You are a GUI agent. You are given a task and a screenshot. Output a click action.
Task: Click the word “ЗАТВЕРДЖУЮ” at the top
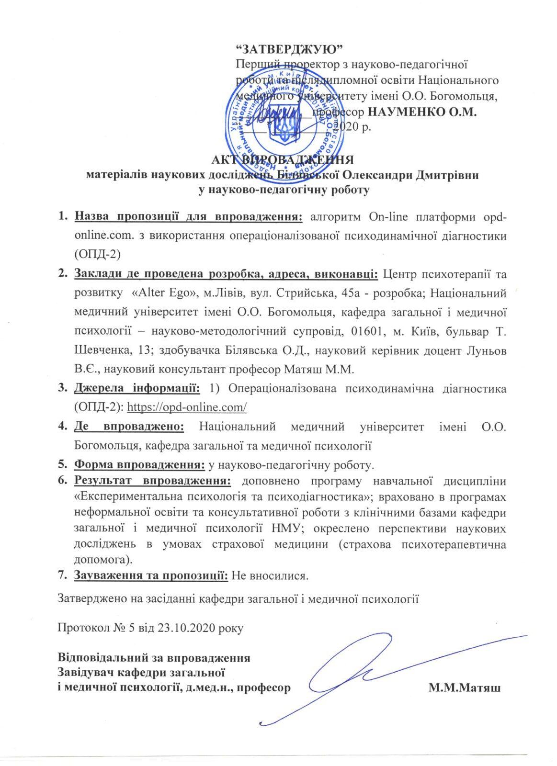click(x=291, y=49)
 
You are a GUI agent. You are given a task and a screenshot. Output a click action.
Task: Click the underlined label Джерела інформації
click(x=137, y=388)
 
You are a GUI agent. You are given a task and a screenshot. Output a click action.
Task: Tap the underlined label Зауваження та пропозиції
click(x=151, y=575)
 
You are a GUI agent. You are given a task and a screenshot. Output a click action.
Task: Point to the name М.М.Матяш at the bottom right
click(x=465, y=689)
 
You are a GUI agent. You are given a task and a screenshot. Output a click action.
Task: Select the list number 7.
click(x=62, y=575)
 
